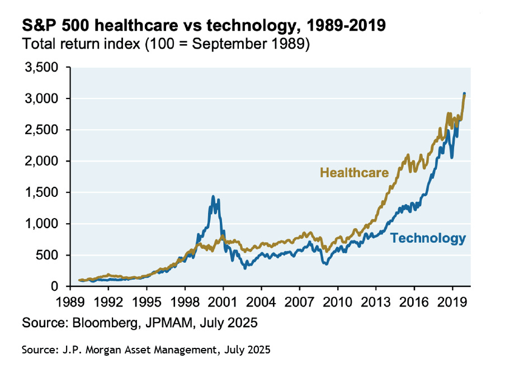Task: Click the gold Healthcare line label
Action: (354, 173)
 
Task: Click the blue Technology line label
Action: (428, 238)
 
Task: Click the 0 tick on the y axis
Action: (61, 287)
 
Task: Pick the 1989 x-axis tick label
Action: (70, 302)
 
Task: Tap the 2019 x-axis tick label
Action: (451, 302)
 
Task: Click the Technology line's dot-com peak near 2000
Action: (213, 197)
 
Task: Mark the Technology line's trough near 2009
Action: (326, 263)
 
